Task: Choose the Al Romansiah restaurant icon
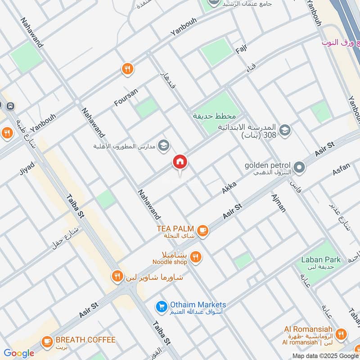click(342, 334)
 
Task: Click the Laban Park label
click(321, 260)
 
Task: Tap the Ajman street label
click(279, 203)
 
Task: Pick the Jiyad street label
click(27, 168)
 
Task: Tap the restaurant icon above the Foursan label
click(128, 69)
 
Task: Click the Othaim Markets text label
click(198, 305)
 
